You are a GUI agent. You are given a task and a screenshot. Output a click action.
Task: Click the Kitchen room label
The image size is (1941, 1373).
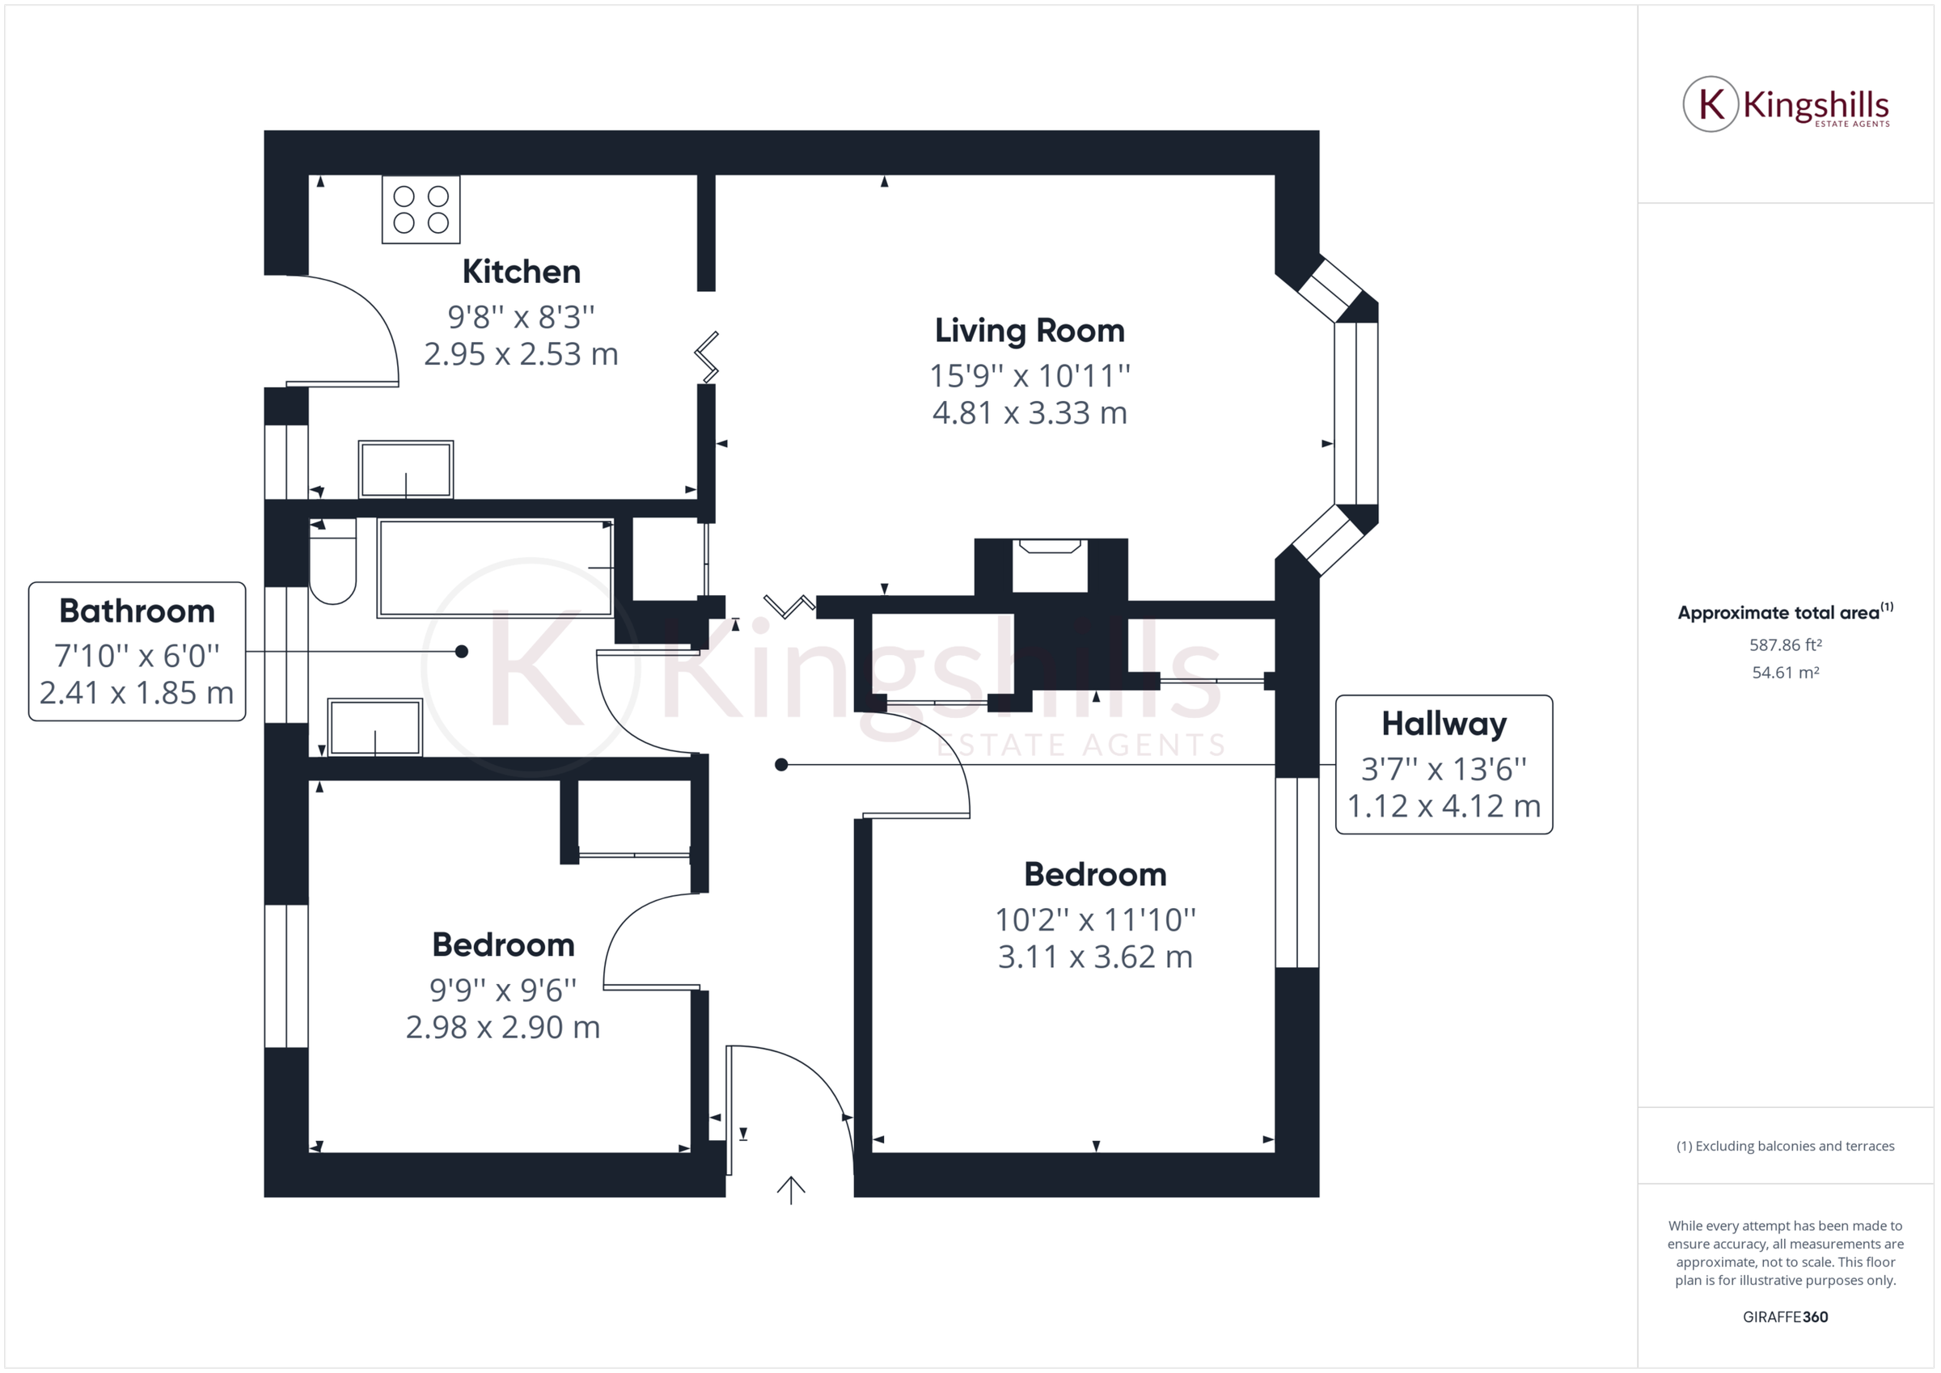pyautogui.click(x=521, y=272)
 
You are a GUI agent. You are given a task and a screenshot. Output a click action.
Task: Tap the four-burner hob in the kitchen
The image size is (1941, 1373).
pyautogui.click(x=421, y=209)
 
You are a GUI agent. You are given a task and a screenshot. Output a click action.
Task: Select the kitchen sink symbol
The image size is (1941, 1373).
pyautogui.click(x=406, y=470)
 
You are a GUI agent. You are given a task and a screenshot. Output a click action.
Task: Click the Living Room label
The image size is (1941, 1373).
pyautogui.click(x=1029, y=331)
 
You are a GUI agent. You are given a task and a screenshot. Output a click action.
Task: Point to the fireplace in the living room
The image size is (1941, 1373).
pyautogui.click(x=1050, y=564)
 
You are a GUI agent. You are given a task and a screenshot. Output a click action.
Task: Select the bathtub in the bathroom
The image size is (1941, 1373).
pyautogui.click(x=496, y=568)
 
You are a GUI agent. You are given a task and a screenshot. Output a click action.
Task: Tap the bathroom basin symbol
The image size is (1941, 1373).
pyautogui.click(x=374, y=727)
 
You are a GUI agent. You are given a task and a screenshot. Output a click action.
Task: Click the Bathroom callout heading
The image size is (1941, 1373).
pyautogui.click(x=137, y=611)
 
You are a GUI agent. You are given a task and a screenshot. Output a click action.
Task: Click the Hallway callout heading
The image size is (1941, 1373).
pyautogui.click(x=1443, y=724)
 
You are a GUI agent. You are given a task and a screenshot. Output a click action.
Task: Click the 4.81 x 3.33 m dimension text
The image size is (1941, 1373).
pyautogui.click(x=1029, y=413)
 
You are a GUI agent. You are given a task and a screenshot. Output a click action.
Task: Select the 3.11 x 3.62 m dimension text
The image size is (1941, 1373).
pyautogui.click(x=1095, y=957)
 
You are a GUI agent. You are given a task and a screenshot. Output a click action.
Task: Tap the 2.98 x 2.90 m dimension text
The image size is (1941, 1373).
pyautogui.click(x=503, y=1027)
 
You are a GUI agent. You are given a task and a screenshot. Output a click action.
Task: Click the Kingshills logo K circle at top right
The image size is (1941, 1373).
pyautogui.click(x=1711, y=105)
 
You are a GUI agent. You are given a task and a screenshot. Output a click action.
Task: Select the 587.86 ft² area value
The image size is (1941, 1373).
pyautogui.click(x=1785, y=645)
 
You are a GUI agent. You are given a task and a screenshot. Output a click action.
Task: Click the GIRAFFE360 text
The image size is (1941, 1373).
pyautogui.click(x=1785, y=1316)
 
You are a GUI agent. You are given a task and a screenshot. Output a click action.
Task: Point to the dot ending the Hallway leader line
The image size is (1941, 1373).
pyautogui.click(x=781, y=764)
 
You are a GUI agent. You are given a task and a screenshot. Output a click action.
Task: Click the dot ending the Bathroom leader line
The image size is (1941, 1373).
pyautogui.click(x=462, y=651)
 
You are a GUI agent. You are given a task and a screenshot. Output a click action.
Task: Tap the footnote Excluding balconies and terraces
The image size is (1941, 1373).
pyautogui.click(x=1785, y=1147)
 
